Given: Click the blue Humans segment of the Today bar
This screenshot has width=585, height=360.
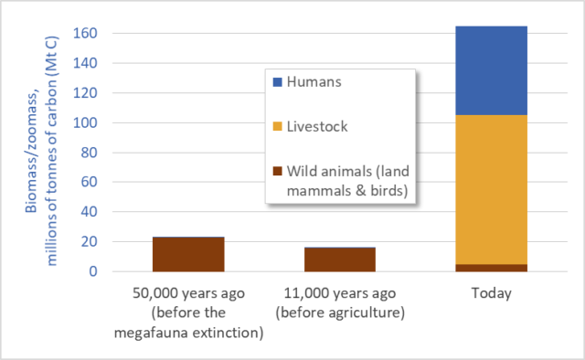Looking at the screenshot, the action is pos(492,70).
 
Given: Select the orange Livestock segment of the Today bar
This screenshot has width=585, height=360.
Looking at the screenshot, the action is pos(492,189).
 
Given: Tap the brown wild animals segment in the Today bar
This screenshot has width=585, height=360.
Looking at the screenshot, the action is pos(492,268).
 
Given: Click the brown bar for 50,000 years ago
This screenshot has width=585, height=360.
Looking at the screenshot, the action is pos(188,254).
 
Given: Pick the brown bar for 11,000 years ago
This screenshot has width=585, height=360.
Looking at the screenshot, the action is pos(340,259).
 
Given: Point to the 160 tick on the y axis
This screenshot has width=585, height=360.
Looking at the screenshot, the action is pos(85,33).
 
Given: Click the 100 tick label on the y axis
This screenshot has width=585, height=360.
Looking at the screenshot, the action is pos(85,122).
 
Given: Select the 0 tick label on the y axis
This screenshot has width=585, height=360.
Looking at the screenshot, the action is pos(93,271).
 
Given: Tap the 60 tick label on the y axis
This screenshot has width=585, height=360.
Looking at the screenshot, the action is pos(90,182).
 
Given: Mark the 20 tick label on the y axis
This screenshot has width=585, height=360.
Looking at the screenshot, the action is pos(90,241).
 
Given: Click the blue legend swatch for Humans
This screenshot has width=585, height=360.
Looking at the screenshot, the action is pos(278,82).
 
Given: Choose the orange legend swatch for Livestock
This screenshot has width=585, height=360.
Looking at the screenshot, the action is pos(278,126).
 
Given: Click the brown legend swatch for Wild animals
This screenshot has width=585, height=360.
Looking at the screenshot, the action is pos(278,171).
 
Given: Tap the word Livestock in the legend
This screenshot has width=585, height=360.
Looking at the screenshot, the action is pos(317,127).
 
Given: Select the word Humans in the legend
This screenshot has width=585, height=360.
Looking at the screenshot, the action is pos(314,82).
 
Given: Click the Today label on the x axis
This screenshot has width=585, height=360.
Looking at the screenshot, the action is pos(492,293).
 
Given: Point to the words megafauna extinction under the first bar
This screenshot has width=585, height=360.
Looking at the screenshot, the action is pos(189,333).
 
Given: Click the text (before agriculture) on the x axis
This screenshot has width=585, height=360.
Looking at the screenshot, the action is pos(340,312).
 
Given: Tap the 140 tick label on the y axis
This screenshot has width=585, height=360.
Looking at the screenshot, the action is pos(85,63).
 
